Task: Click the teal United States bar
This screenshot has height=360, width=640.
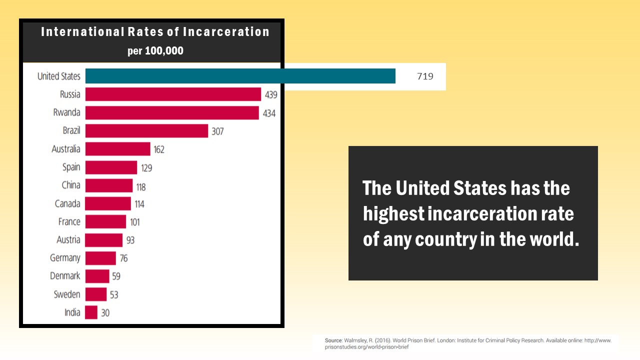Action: [x=240, y=76]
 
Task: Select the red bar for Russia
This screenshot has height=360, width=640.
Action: [x=173, y=94]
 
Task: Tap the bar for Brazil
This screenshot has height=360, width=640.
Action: [x=146, y=131]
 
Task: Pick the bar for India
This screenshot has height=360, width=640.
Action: [x=91, y=312]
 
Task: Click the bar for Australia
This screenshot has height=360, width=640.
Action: [x=117, y=149]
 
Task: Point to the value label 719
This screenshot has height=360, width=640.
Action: [x=425, y=76]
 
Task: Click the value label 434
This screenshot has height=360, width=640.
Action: [x=269, y=113]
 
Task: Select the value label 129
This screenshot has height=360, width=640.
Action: [x=146, y=168]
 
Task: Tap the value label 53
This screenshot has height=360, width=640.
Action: [x=114, y=295]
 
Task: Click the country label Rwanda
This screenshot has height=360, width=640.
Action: [x=66, y=112]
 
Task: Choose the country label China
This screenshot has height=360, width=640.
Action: [x=70, y=185]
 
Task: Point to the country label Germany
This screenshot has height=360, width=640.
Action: [x=65, y=258]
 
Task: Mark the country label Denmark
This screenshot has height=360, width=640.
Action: [x=65, y=276]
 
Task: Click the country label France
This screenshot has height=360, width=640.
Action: [x=69, y=221]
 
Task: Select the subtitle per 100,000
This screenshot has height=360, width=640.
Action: [x=155, y=51]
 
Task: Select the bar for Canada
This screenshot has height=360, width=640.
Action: [x=108, y=203]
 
